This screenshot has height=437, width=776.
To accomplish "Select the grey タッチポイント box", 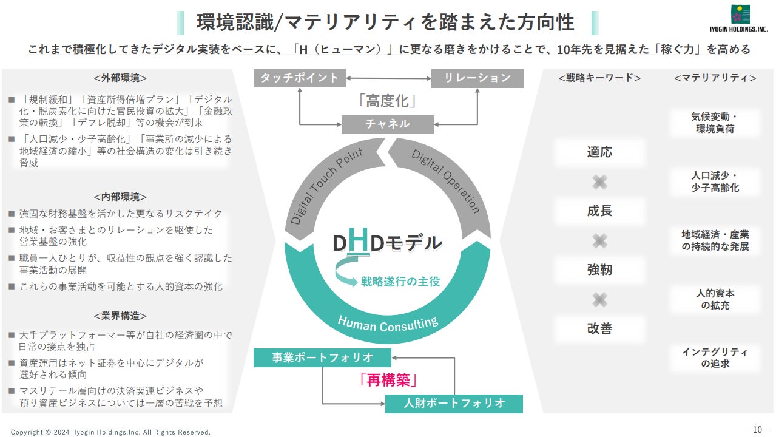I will (x=299, y=78).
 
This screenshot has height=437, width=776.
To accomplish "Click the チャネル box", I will (x=387, y=124).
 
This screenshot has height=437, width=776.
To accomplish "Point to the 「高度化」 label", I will (x=387, y=101).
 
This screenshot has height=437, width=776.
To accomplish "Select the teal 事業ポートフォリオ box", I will (x=322, y=357).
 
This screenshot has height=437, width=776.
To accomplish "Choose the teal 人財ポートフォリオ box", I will (x=454, y=404).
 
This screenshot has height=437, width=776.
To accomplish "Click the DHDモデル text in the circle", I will (x=386, y=243).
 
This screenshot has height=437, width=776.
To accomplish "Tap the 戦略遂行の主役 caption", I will (x=400, y=282).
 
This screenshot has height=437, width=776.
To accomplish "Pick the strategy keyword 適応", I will (x=599, y=152).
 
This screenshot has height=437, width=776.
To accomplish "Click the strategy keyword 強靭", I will (x=599, y=270).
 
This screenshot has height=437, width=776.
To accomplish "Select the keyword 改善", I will (x=599, y=329).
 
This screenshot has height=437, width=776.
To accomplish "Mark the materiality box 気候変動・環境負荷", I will (x=715, y=123).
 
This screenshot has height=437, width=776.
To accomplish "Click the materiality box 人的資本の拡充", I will (x=715, y=299).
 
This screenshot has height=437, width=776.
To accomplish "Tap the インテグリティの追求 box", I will (x=715, y=358).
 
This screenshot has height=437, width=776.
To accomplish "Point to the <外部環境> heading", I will (x=120, y=78).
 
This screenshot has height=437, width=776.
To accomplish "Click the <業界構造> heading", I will (x=120, y=316).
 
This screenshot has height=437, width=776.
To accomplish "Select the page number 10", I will (x=757, y=430).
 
